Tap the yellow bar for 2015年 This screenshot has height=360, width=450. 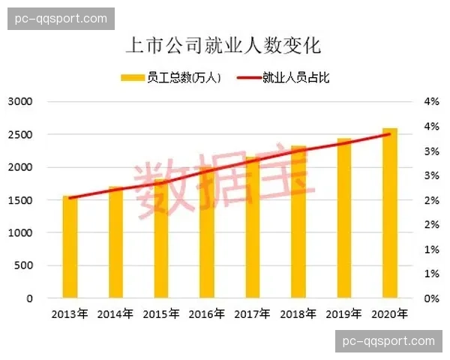pos(161,240)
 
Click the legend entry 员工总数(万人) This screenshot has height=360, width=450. pos(170,77)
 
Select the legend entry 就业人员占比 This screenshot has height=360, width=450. pos(286,77)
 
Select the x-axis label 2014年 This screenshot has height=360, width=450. pos(115,313)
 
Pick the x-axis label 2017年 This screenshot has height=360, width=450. pos(253,313)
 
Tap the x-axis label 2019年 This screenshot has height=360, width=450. pos(344,313)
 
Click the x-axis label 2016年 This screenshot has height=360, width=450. pos(207,313)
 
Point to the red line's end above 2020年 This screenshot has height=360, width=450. pos(390,134)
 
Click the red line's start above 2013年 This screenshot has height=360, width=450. pos(70,198)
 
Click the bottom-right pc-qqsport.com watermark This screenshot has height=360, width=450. pos(388,341)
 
